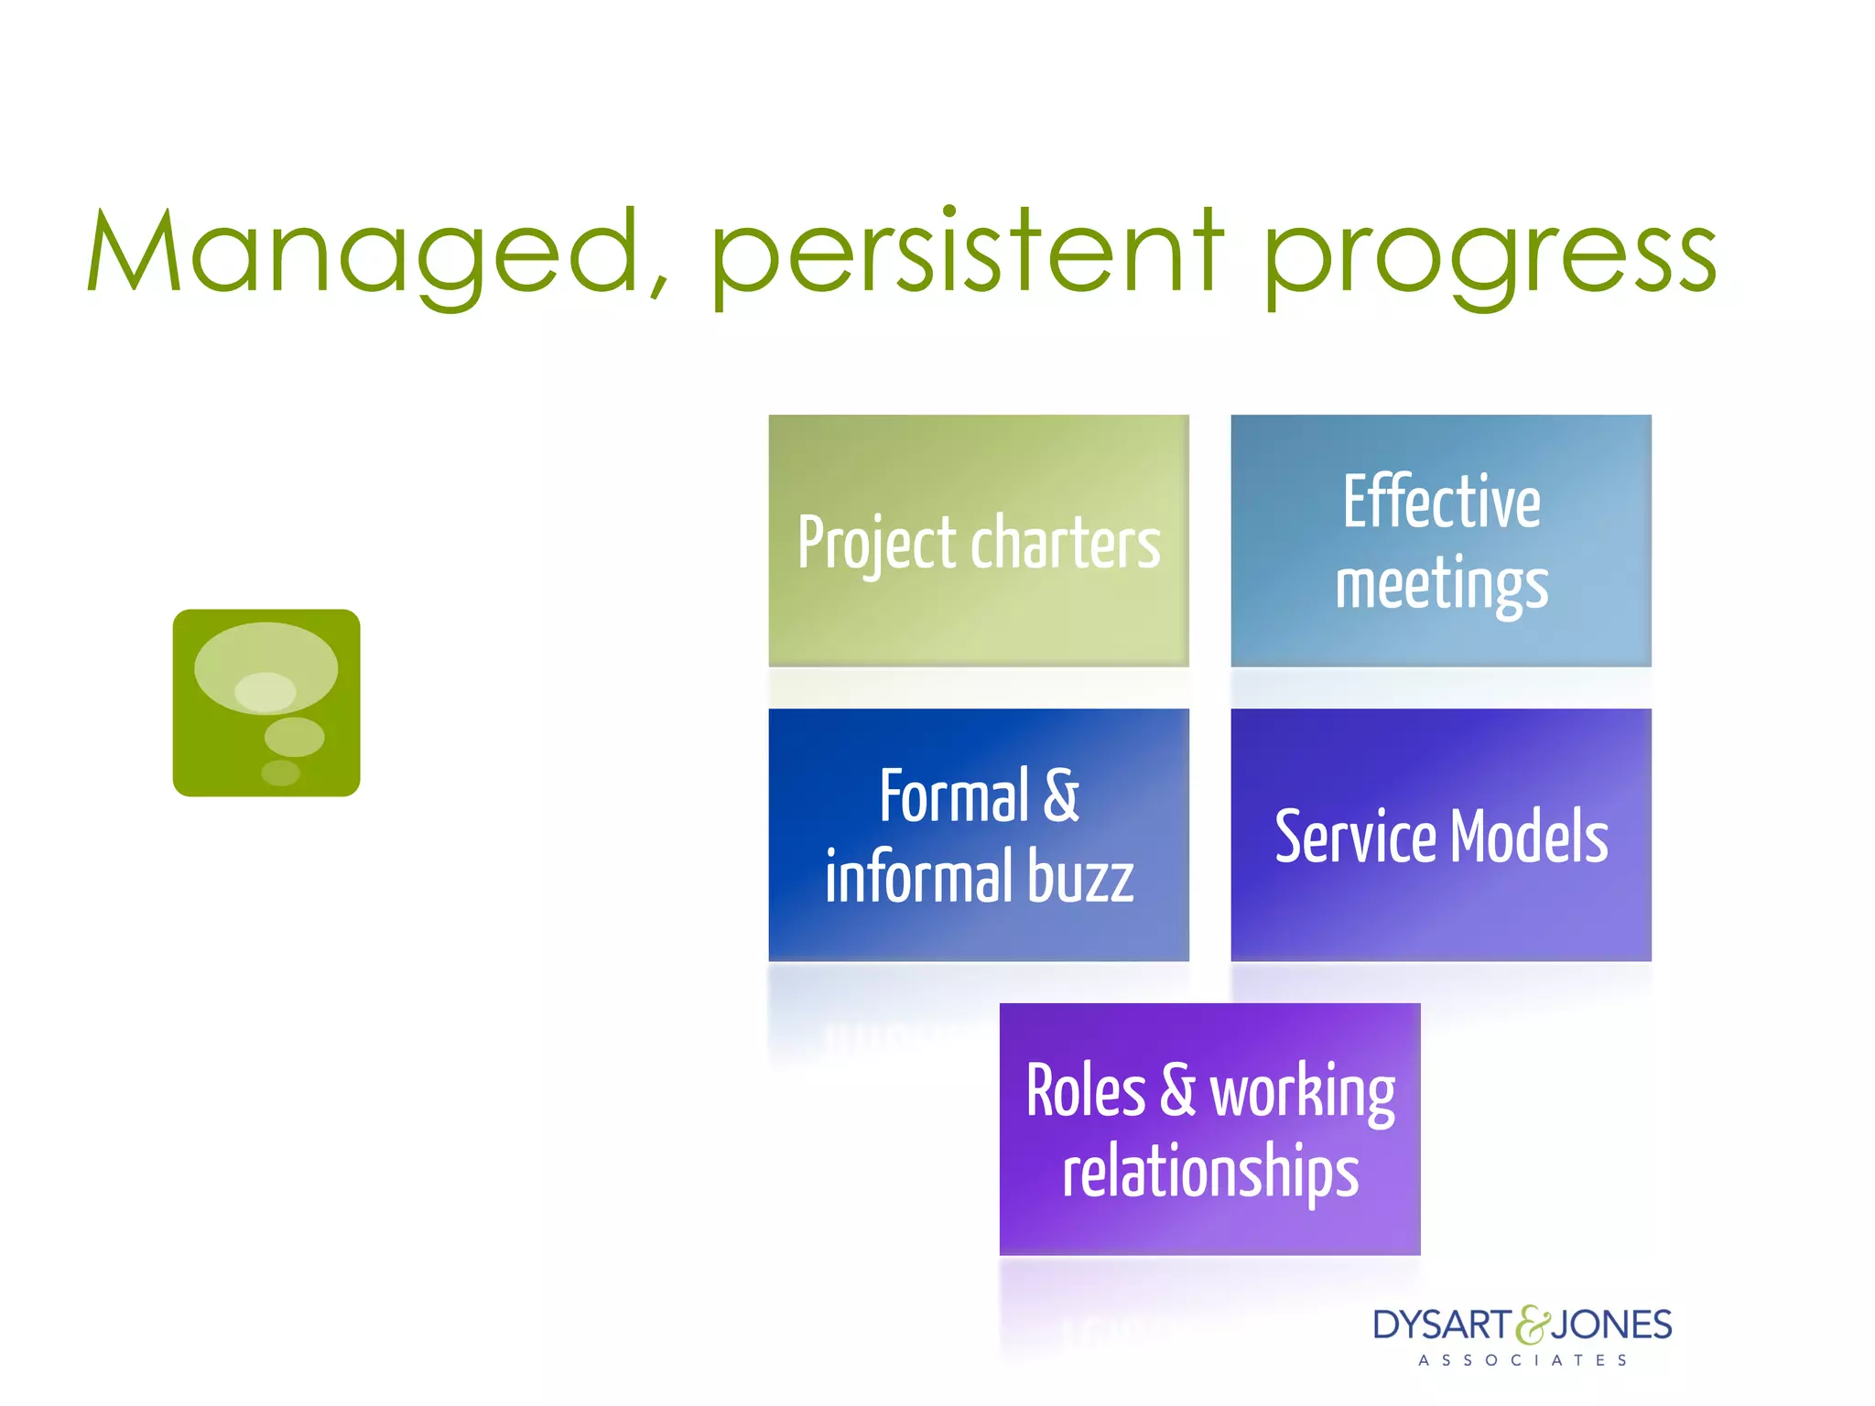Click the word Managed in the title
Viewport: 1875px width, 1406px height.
[362, 252]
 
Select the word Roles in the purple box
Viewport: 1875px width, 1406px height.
[1085, 1091]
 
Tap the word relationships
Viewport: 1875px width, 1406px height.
[1209, 1173]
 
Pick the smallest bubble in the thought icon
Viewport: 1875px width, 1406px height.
[280, 773]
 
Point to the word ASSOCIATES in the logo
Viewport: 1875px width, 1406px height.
[1523, 1360]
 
